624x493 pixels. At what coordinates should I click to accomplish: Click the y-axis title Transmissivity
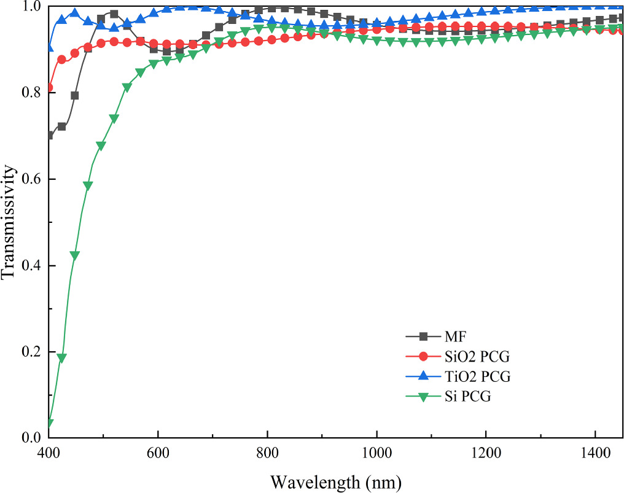[8, 222]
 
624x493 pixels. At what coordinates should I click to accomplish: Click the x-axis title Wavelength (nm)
[336, 479]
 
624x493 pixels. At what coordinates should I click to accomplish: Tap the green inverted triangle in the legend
[423, 397]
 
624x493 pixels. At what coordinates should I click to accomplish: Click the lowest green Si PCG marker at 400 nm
[50, 424]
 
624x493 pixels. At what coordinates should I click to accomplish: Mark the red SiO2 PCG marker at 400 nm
[50, 88]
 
